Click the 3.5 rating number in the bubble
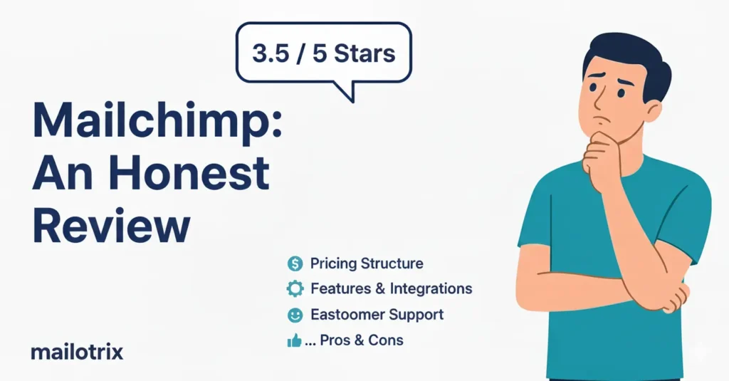[x=271, y=53]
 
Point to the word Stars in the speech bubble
[x=362, y=53]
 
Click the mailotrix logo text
[x=77, y=352]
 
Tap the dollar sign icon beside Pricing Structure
[x=295, y=264]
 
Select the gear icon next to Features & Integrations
[x=295, y=289]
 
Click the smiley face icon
[x=295, y=315]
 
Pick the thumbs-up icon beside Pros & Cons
[x=294, y=341]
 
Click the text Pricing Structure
[x=367, y=264]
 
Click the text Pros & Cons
[x=362, y=340]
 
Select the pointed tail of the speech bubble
[x=347, y=93]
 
